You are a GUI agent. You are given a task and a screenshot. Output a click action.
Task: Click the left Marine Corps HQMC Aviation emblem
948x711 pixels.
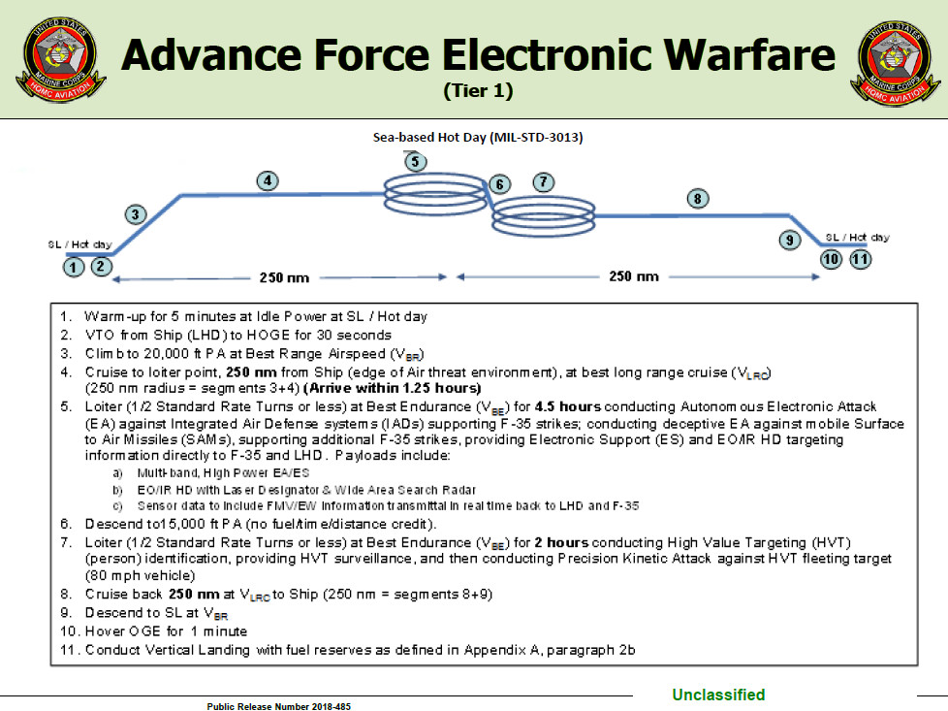tap(61, 59)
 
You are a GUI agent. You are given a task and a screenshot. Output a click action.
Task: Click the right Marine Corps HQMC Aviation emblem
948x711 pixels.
tap(896, 62)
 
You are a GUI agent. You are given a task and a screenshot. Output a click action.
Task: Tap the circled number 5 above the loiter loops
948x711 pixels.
tap(415, 162)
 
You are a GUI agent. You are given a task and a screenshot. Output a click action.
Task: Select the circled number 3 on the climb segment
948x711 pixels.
tap(136, 214)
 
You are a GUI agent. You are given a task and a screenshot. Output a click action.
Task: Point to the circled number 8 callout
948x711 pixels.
tap(698, 199)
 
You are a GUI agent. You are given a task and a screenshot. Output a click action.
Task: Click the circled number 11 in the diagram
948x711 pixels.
tap(861, 260)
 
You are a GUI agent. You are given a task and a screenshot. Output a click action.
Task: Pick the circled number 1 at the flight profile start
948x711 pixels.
tap(74, 267)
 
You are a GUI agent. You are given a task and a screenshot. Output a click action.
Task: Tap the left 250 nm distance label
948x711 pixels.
tap(284, 277)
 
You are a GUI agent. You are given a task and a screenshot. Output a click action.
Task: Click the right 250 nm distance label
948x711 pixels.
tap(634, 276)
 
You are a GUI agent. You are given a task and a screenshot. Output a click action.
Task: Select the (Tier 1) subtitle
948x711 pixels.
tap(478, 91)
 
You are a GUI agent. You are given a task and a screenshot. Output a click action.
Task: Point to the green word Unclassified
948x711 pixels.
tap(718, 695)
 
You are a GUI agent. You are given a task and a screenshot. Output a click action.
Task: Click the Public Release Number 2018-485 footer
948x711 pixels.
tap(279, 706)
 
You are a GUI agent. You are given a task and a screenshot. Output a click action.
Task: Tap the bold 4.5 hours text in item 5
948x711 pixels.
tap(568, 406)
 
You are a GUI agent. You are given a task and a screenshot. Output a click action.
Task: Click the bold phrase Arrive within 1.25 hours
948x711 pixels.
tap(393, 388)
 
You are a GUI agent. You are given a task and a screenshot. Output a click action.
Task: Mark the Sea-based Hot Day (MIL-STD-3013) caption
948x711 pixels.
tap(478, 138)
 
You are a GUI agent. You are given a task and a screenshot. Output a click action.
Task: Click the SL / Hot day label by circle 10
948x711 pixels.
tap(857, 238)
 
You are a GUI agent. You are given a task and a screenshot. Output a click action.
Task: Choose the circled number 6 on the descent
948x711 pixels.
tap(499, 184)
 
